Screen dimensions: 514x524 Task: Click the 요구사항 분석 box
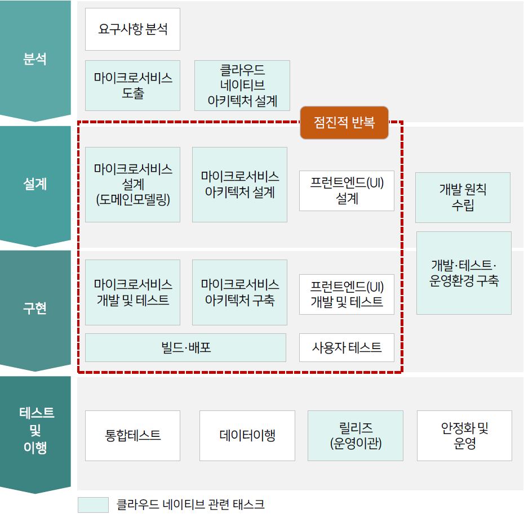point(132,29)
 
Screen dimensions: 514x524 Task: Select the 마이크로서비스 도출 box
point(132,85)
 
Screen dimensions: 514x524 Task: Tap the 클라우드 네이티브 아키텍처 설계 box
point(242,85)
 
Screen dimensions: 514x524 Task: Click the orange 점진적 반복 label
point(344,122)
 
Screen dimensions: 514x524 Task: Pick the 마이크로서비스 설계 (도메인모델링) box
point(132,184)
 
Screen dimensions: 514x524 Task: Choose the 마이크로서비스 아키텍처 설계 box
point(239,184)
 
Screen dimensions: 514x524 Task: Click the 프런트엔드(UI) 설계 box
point(347,191)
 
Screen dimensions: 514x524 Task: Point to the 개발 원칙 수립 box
point(463,197)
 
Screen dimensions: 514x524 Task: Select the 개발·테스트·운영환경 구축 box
point(464,272)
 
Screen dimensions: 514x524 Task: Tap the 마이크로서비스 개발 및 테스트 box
point(132,292)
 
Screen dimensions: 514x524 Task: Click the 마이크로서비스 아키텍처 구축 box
point(239,292)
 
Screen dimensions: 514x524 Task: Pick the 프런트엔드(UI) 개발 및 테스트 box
point(347,294)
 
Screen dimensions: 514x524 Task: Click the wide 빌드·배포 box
point(185,347)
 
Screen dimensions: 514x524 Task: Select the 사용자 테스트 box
point(347,347)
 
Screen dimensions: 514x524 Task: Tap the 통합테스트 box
point(132,435)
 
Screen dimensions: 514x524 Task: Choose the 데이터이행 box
point(247,435)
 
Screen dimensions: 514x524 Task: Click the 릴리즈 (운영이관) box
point(355,435)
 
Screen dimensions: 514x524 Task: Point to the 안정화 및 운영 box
point(464,435)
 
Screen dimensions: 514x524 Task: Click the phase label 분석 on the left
point(35,59)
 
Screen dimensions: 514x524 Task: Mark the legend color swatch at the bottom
point(93,504)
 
